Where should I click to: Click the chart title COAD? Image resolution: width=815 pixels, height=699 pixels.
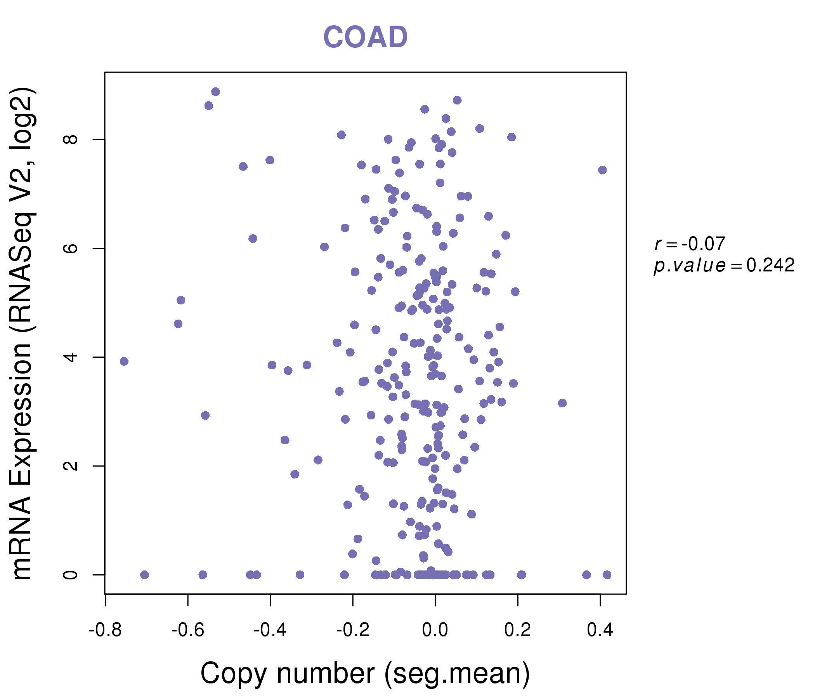(365, 37)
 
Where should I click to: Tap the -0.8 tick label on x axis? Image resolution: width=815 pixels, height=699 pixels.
(105, 630)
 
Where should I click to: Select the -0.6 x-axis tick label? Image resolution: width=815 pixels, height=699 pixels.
(187, 630)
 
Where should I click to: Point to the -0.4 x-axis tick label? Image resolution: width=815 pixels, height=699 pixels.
(270, 630)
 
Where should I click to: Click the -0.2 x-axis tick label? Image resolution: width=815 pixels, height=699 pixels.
(352, 630)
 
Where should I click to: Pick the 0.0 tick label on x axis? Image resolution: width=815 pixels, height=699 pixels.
(435, 630)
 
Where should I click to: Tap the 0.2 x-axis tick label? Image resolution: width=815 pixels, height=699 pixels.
(518, 630)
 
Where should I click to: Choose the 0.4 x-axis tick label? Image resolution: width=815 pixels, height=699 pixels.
(600, 630)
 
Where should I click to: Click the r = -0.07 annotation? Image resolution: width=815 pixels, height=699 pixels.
(690, 244)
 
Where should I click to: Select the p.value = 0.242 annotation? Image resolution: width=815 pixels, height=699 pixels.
(724, 266)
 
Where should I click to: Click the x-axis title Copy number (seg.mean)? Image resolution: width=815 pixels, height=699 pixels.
(365, 673)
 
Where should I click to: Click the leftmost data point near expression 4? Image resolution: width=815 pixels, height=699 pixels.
(124, 361)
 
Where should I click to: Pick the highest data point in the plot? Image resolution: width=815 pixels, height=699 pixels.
(215, 92)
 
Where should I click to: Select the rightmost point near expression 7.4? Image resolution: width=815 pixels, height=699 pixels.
(602, 170)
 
